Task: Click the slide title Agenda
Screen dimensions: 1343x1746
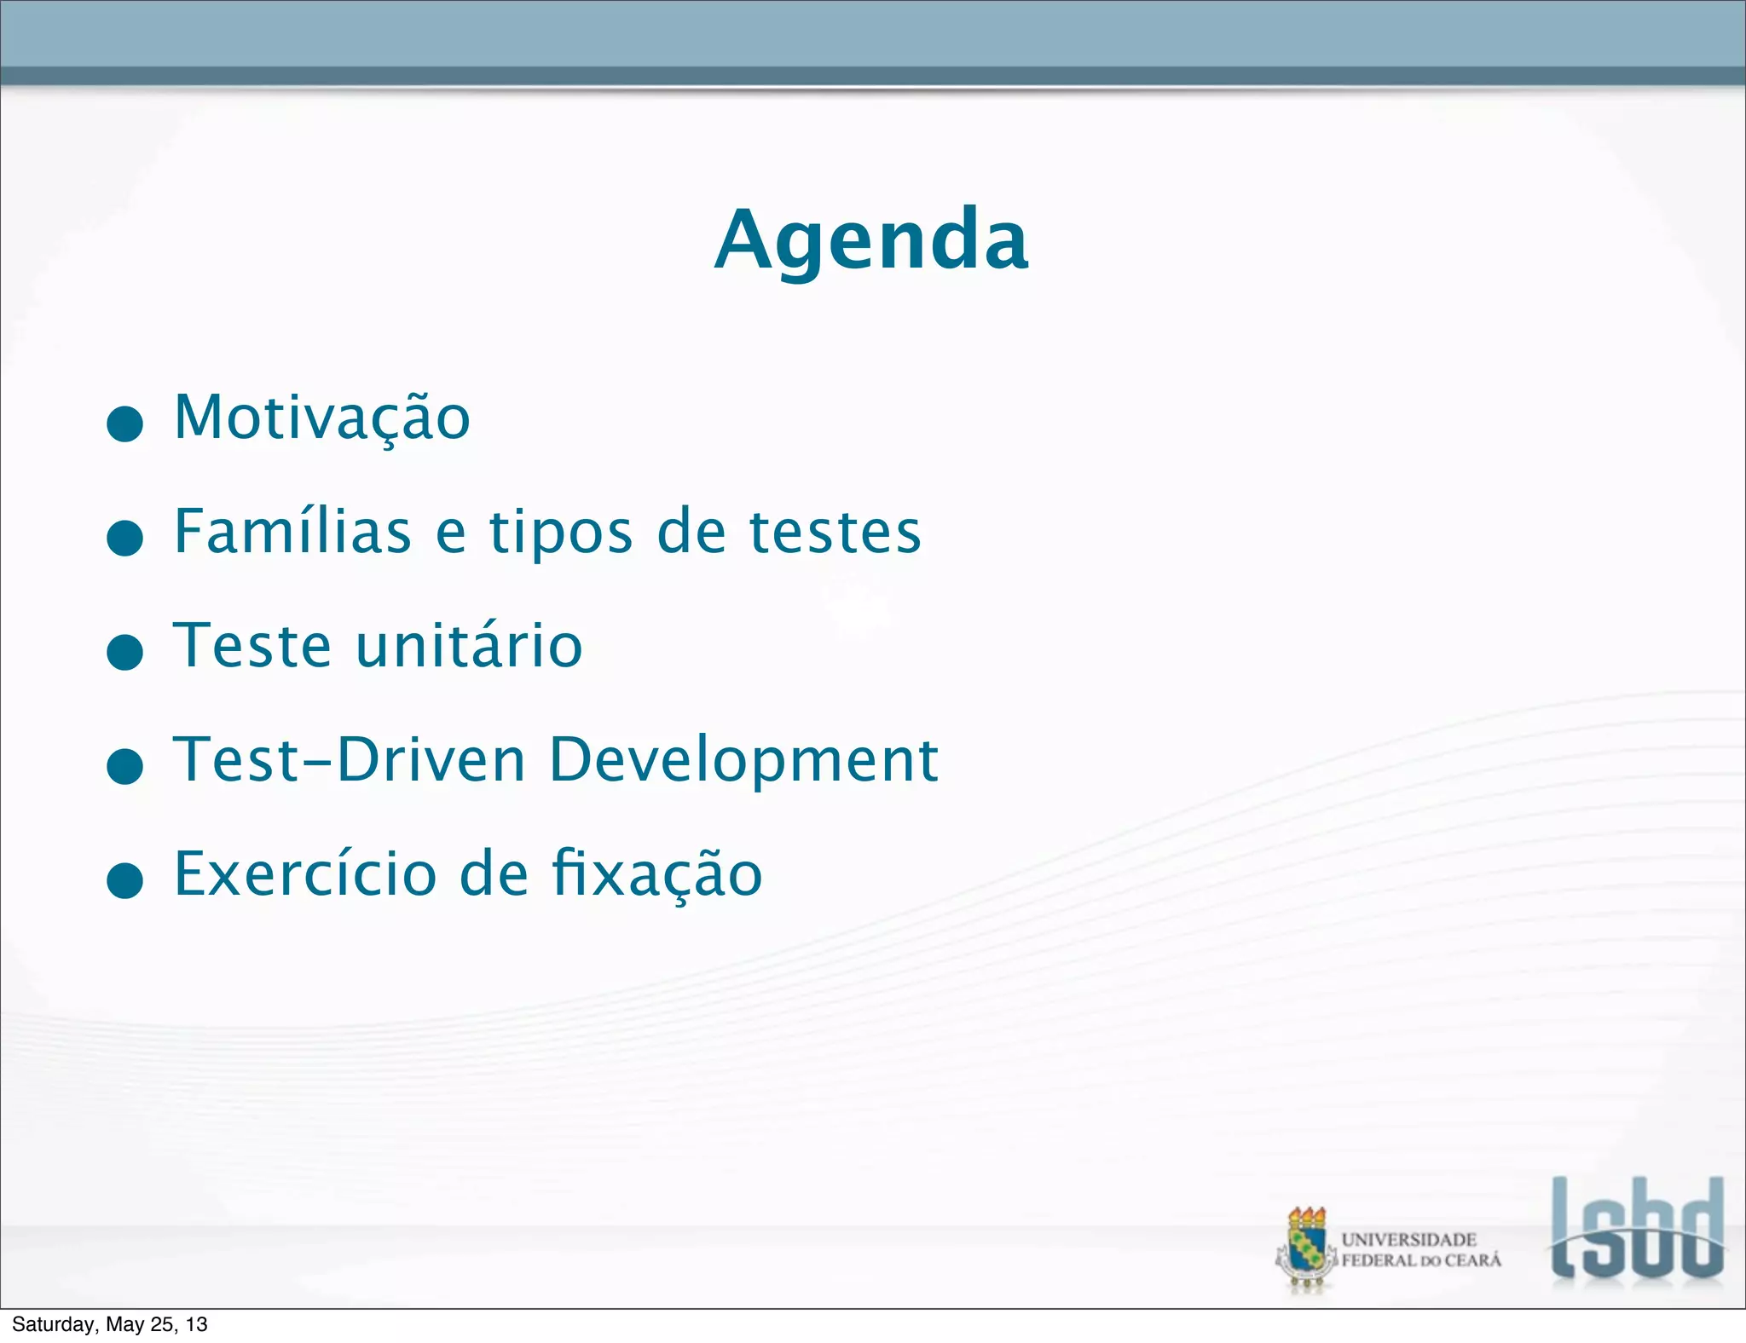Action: pyautogui.click(x=871, y=241)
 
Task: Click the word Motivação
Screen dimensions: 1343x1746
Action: pyautogui.click(x=321, y=418)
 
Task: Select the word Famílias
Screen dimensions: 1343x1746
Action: pyautogui.click(x=292, y=532)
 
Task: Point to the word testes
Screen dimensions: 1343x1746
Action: pyautogui.click(x=835, y=532)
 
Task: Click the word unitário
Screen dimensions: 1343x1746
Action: pyautogui.click(x=469, y=645)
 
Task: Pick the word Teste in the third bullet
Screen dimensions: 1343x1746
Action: pyautogui.click(x=252, y=645)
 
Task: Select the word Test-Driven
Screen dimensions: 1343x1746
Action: pyautogui.click(x=350, y=759)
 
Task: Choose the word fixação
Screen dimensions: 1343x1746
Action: pyautogui.click(x=656, y=874)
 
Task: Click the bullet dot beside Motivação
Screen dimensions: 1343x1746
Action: pyautogui.click(x=125, y=424)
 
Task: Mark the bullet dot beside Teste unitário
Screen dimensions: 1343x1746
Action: pyautogui.click(x=125, y=652)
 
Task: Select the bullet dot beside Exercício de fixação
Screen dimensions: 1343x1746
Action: pyautogui.click(x=125, y=880)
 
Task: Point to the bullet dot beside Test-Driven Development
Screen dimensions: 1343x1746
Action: pyautogui.click(x=125, y=766)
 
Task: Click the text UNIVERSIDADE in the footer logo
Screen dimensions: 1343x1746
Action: pyautogui.click(x=1408, y=1239)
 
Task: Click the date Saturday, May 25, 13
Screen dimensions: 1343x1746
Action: pyautogui.click(x=110, y=1324)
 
